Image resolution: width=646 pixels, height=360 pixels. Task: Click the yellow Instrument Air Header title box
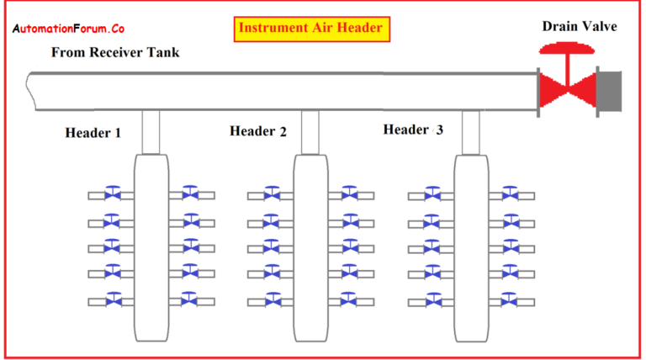pos(311,28)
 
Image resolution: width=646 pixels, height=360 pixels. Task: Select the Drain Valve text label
pos(579,26)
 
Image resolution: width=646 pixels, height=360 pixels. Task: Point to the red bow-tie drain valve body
pos(566,89)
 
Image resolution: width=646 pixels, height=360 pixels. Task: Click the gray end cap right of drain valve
pos(609,89)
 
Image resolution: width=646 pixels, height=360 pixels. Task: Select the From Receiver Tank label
pos(115,52)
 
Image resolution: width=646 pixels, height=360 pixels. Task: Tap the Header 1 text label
pos(93,133)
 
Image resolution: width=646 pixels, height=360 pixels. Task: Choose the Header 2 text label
pos(257,131)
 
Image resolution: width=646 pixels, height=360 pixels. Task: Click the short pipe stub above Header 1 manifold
pos(151,132)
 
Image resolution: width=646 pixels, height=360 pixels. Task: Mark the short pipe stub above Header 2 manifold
pos(310,132)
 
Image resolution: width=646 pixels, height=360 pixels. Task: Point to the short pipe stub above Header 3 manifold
pos(471,132)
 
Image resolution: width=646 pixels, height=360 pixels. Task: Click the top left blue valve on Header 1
pos(112,194)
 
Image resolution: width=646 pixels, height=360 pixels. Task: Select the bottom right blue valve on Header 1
pos(191,299)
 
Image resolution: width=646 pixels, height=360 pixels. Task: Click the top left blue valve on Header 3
pos(432,194)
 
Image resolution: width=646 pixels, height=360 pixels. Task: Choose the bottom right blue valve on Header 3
pos(511,299)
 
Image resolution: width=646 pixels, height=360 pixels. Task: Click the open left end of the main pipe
pos(31,91)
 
